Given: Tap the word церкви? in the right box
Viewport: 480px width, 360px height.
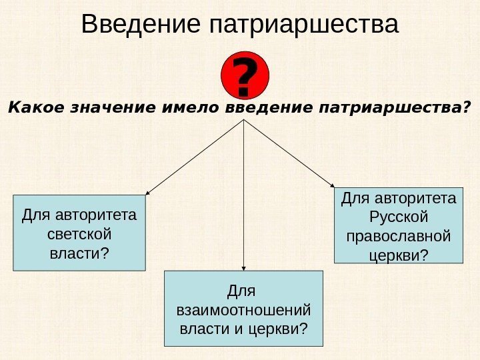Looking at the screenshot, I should coord(398,255).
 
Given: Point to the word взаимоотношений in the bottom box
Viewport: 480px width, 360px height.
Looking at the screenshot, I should coord(243,311).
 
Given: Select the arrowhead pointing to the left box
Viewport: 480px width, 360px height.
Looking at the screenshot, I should coord(147,193).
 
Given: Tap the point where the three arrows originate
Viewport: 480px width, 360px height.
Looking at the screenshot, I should coord(244,121).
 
